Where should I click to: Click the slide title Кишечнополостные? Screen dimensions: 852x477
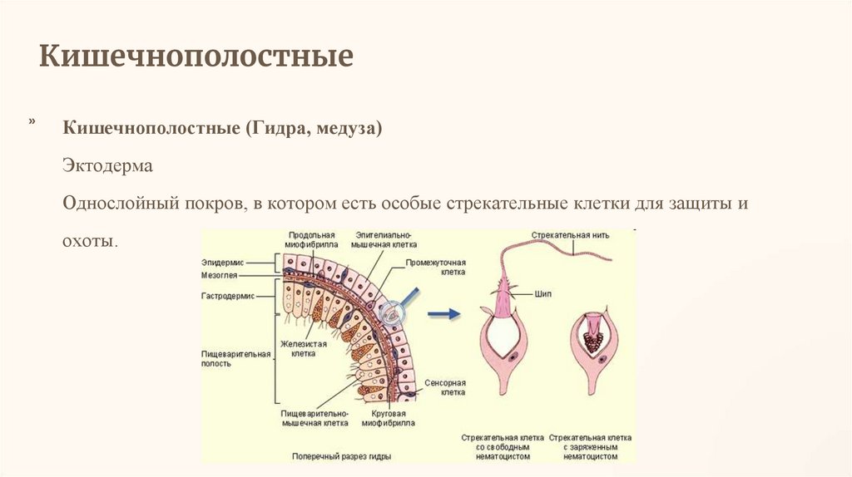(197, 57)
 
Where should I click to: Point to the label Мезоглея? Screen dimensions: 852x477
(220, 275)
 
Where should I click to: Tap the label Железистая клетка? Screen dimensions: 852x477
(302, 347)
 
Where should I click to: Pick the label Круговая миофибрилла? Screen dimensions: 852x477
(384, 417)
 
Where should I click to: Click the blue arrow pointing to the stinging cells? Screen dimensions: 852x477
(443, 313)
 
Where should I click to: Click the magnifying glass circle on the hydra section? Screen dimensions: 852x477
(390, 313)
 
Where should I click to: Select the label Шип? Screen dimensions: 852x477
(544, 294)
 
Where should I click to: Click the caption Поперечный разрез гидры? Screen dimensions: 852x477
(341, 456)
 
